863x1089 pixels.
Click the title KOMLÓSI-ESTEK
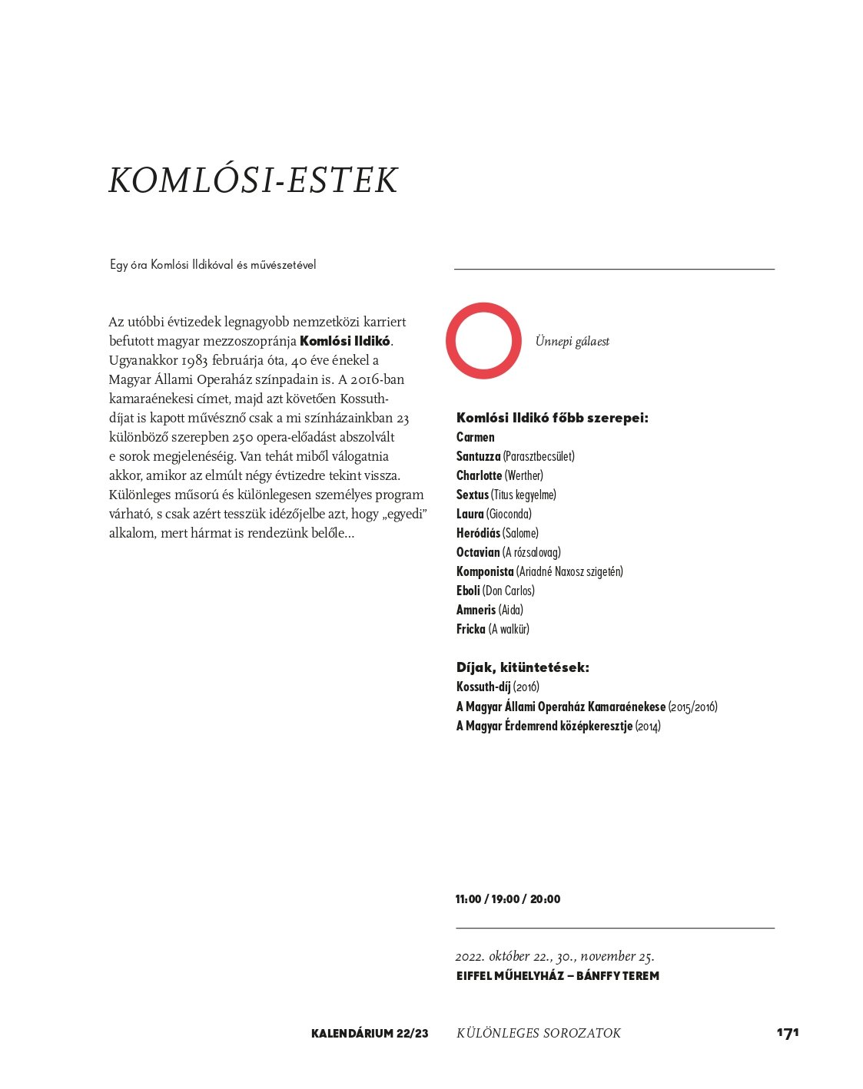tap(253, 180)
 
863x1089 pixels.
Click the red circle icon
tap(483, 340)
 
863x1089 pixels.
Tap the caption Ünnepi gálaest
tap(572, 342)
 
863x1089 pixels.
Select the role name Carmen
tap(476, 437)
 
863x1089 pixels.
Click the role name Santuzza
tap(478, 456)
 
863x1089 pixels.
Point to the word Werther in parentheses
tap(524, 475)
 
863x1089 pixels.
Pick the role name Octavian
tap(478, 552)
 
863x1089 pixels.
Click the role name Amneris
tap(476, 610)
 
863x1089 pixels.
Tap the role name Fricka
tap(471, 629)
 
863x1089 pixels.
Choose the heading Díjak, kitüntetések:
tap(523, 667)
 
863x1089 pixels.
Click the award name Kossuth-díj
tap(483, 687)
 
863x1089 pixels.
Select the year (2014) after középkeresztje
tap(648, 726)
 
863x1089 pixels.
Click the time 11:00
tap(468, 899)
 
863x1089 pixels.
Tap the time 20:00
tap(546, 899)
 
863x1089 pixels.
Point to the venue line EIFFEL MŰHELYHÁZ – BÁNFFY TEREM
tap(557, 976)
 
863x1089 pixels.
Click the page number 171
tap(788, 1033)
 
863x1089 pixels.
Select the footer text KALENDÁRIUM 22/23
tap(370, 1034)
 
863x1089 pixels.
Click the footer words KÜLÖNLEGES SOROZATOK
tap(539, 1034)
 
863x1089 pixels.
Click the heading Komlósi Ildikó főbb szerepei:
tap(553, 418)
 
